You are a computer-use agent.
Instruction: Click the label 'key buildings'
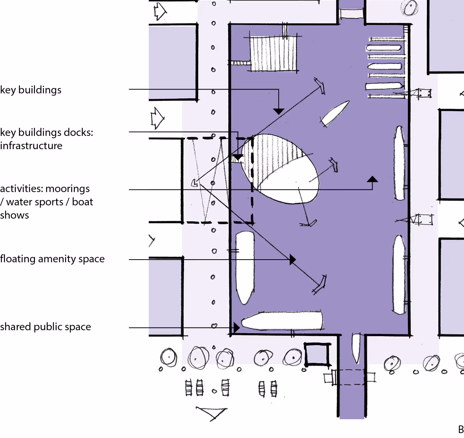pyautogui.click(x=31, y=90)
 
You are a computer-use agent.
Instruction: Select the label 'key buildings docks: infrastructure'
pyautogui.click(x=46, y=139)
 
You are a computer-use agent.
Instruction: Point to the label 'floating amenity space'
pyautogui.click(x=52, y=259)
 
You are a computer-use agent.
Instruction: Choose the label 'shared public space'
pyautogui.click(x=46, y=327)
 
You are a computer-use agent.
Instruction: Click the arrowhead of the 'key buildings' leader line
pyautogui.click(x=279, y=111)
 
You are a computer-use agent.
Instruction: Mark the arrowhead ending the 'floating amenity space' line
pyautogui.click(x=293, y=260)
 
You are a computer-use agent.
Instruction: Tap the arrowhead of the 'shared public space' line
pyautogui.click(x=237, y=328)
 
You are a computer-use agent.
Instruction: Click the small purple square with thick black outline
pyautogui.click(x=317, y=355)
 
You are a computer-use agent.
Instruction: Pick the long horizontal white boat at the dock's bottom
pyautogui.click(x=282, y=320)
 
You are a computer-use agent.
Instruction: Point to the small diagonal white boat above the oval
pyautogui.click(x=335, y=113)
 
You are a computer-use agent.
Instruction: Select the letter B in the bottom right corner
pyautogui.click(x=461, y=430)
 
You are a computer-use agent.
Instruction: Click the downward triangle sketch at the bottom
pyautogui.click(x=211, y=413)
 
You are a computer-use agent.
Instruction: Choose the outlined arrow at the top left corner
pyautogui.click(x=159, y=11)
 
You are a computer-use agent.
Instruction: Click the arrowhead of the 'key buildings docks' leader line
pyautogui.click(x=238, y=157)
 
